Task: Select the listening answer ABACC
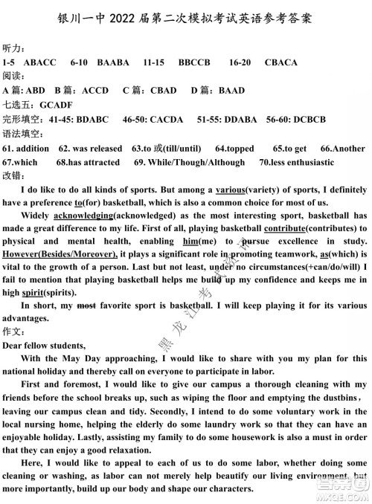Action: coord(40,62)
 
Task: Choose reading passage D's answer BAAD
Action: coord(231,91)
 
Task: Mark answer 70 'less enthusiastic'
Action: coord(299,162)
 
